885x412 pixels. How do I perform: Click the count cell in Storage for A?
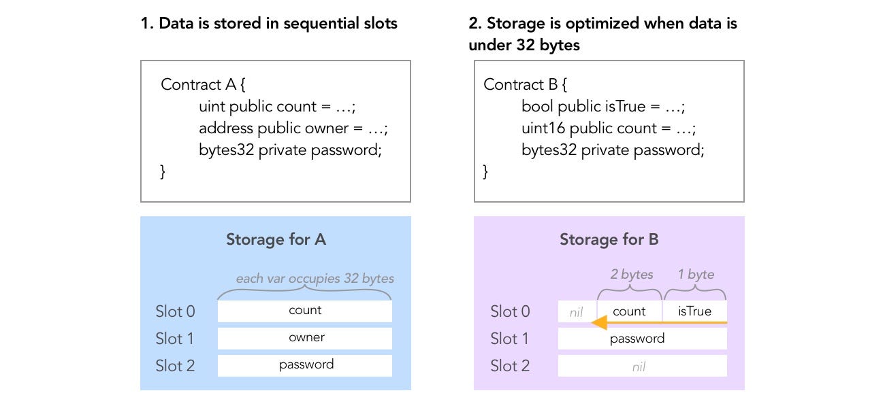pos(304,311)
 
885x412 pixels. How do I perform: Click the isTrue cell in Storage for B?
pos(694,311)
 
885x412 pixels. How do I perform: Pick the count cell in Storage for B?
pos(629,311)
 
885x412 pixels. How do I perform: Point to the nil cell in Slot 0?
pos(577,311)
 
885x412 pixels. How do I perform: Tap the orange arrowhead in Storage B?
pos(599,322)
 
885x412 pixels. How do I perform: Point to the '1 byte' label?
pos(696,275)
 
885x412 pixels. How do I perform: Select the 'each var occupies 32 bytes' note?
pos(315,279)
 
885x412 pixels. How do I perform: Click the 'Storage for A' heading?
pos(276,239)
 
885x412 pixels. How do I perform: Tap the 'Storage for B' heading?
pos(609,239)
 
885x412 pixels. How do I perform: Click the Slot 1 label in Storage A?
pos(175,339)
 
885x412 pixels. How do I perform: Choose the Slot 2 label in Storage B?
pos(510,366)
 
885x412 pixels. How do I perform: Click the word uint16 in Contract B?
pos(543,128)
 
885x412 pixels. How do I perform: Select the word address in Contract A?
pos(225,128)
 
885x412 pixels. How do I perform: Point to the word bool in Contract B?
pos(537,107)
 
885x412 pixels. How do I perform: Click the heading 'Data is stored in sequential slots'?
pos(268,24)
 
